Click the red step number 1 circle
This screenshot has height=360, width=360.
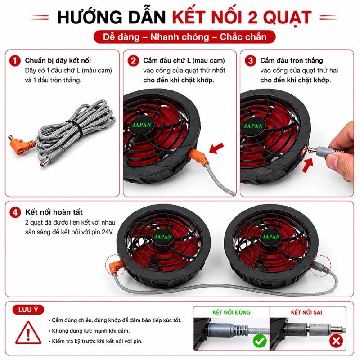pyautogui.click(x=15, y=61)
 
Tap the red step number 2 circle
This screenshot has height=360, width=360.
pyautogui.click(x=133, y=61)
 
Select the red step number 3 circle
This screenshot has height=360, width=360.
pyautogui.click(x=251, y=61)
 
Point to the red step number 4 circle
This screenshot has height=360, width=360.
pyautogui.click(x=15, y=212)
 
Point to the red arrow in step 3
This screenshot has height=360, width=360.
pyautogui.click(x=308, y=165)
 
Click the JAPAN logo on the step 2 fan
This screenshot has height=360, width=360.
pyautogui.click(x=142, y=125)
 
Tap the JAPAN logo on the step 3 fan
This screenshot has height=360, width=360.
pyautogui.click(x=253, y=126)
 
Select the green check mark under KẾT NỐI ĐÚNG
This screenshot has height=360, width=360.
pyautogui.click(x=260, y=341)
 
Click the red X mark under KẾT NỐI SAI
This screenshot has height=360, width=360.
pyautogui.click(x=336, y=341)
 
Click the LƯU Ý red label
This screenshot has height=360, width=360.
pyautogui.click(x=28, y=310)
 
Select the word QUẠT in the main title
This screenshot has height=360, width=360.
pyautogui.click(x=288, y=18)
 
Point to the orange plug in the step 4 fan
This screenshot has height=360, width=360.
pyautogui.click(x=116, y=266)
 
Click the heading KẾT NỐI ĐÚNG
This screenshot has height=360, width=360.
pyautogui.click(x=231, y=312)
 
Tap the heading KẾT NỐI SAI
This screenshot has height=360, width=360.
pyautogui.click(x=306, y=312)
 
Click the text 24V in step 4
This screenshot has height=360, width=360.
pyautogui.click(x=108, y=232)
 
